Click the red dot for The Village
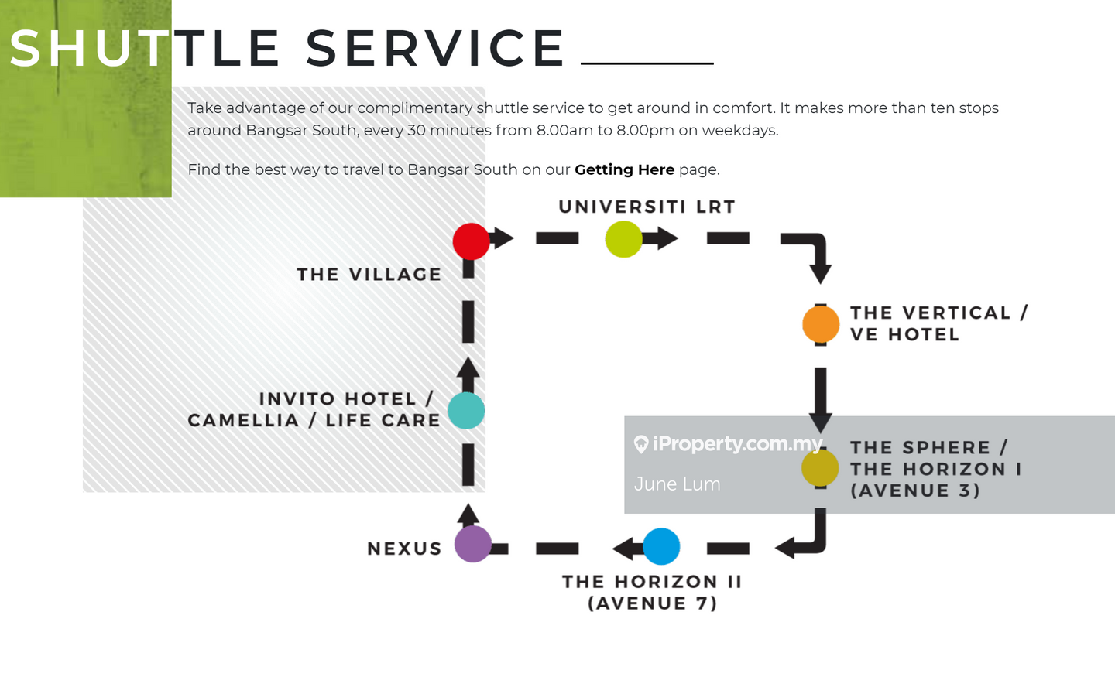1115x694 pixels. pyautogui.click(x=471, y=241)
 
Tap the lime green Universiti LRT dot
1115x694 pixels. pyautogui.click(x=623, y=239)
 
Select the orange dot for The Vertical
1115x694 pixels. pyautogui.click(x=821, y=324)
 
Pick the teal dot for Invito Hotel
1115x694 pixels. pyautogui.click(x=466, y=411)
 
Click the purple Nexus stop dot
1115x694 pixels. pyautogui.click(x=472, y=544)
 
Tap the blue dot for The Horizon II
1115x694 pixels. pyautogui.click(x=661, y=546)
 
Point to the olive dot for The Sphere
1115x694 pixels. pyautogui.click(x=820, y=468)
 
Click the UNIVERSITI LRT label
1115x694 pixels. pyautogui.click(x=647, y=207)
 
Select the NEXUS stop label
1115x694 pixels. pyautogui.click(x=404, y=549)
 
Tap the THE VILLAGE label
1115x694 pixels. pyautogui.click(x=369, y=275)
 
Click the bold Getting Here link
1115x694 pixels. pyautogui.click(x=624, y=169)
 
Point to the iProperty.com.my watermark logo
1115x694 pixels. pyautogui.click(x=728, y=443)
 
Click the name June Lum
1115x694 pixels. pyautogui.click(x=678, y=484)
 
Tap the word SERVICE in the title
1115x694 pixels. pyautogui.click(x=435, y=48)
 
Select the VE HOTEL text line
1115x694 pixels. pyautogui.click(x=904, y=335)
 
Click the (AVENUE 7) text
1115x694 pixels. pyautogui.click(x=652, y=603)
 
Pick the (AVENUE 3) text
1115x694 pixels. pyautogui.click(x=915, y=491)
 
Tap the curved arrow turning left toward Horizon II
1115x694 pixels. pyautogui.click(x=805, y=538)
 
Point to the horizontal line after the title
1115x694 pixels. pyautogui.click(x=647, y=63)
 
